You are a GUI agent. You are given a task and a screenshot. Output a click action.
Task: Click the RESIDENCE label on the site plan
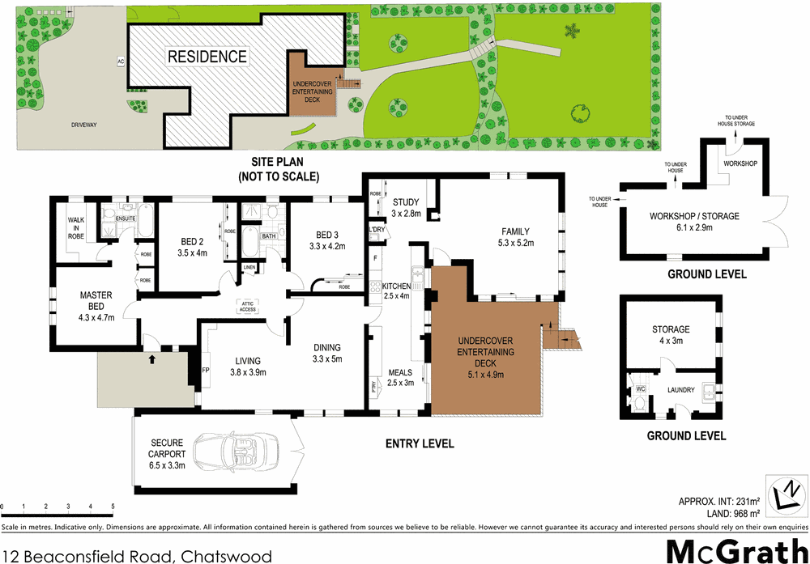pos(207,57)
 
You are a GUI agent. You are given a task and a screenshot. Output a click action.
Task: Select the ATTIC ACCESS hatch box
pos(247,306)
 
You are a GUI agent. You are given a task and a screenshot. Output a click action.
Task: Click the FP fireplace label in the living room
pos(205,372)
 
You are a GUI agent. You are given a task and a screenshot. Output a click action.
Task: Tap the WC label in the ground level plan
pos(639,389)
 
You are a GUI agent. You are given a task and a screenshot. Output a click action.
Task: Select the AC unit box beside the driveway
pos(120,61)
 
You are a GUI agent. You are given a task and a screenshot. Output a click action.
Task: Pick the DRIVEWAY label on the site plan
pos(83,125)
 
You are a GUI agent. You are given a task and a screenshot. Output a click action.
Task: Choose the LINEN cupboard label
pos(249,268)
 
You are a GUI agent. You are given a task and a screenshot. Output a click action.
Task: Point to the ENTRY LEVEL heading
pos(420,443)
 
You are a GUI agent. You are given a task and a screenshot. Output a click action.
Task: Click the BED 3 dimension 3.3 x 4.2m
pos(327,246)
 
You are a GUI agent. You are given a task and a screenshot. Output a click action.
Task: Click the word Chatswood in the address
pos(226,557)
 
